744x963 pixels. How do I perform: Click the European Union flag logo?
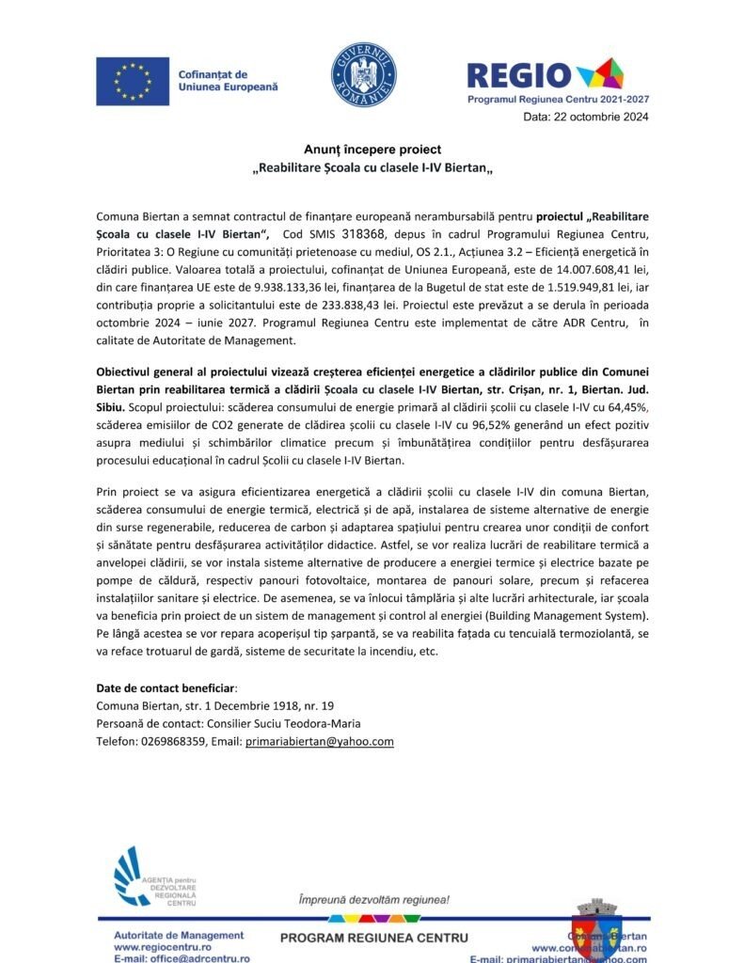(x=132, y=80)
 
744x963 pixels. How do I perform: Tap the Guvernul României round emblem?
(x=363, y=73)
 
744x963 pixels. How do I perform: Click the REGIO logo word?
(x=519, y=75)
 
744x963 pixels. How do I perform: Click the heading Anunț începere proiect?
(x=372, y=150)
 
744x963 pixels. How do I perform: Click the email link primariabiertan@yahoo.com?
(x=319, y=741)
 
